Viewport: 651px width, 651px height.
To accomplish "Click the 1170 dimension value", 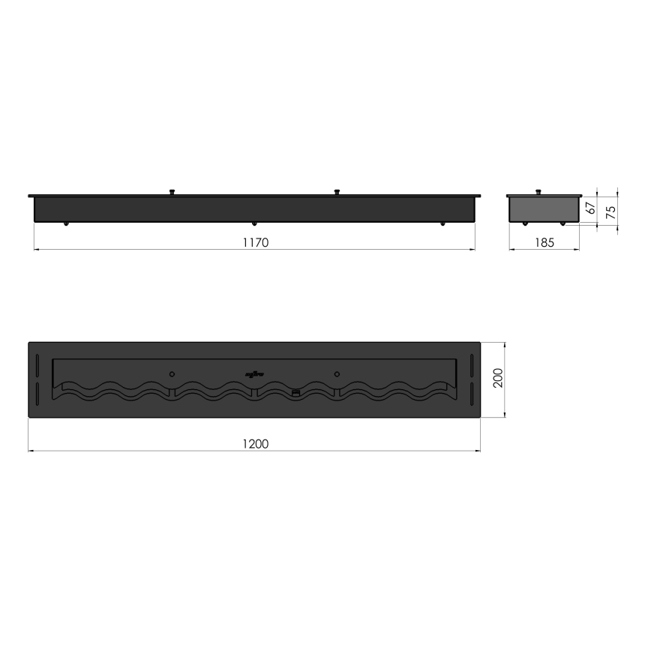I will tap(255, 242).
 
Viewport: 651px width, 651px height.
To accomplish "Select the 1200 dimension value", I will tap(255, 444).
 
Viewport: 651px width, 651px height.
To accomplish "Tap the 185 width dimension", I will tap(544, 242).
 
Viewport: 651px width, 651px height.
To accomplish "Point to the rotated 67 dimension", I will tap(590, 208).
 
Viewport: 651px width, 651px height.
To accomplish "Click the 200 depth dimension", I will tap(498, 379).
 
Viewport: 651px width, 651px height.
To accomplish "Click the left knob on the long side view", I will tap(172, 192).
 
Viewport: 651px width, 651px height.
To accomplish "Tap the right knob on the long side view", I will tap(337, 192).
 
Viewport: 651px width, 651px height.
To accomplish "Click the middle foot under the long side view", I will tap(255, 223).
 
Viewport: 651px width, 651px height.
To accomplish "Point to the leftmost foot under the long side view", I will tap(67, 223).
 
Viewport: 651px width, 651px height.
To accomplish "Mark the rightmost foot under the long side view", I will tap(442, 223).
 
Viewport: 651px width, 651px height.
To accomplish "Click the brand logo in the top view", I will tap(253, 373).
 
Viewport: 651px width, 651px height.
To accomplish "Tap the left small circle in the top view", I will tap(172, 373).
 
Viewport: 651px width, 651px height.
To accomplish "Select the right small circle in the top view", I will tap(337, 373).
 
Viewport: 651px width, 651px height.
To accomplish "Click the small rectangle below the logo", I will tap(295, 392).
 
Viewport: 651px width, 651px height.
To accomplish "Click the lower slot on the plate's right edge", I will tap(470, 394).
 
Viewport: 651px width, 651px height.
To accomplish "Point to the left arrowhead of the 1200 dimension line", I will tap(30, 451).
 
